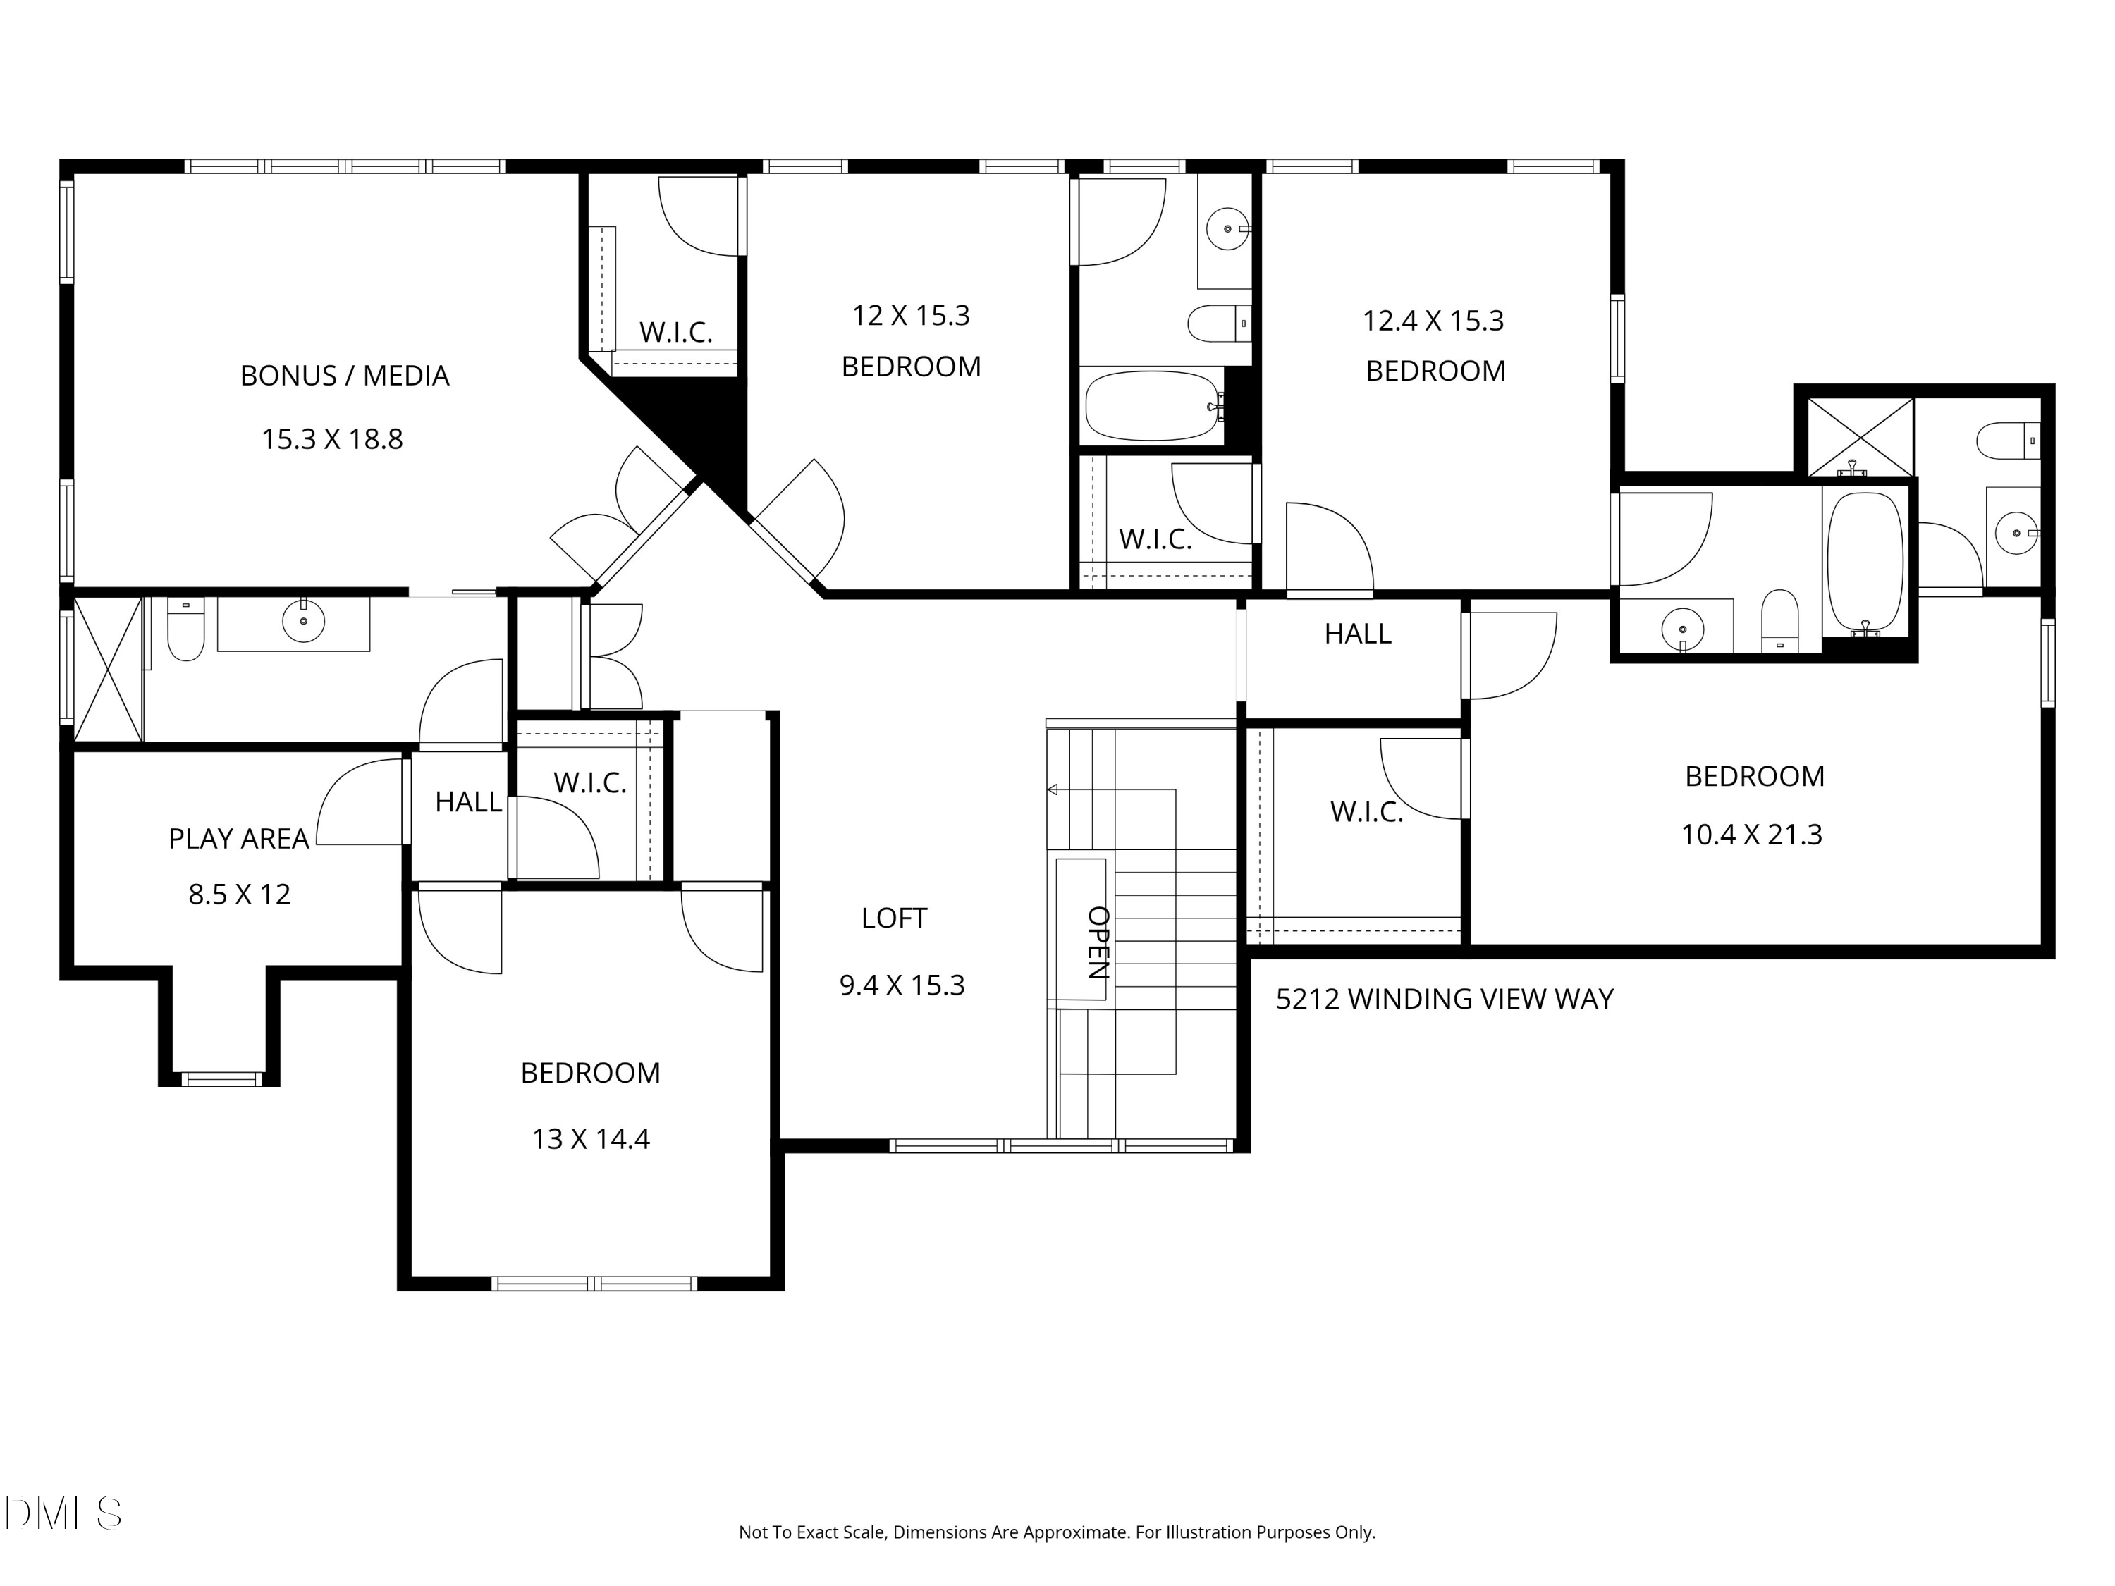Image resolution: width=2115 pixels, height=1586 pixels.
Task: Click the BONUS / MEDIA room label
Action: coord(344,376)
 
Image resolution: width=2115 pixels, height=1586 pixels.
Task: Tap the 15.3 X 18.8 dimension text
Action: coord(333,439)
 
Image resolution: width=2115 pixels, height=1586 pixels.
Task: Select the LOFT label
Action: coord(894,918)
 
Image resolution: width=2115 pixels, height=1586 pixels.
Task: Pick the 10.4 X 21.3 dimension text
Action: coord(1752,835)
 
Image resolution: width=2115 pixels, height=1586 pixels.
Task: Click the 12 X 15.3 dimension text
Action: coord(911,316)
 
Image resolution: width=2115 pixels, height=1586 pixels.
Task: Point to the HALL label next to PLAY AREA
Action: coord(469,801)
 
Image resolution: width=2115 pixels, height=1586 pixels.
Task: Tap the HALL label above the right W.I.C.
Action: coord(1358,633)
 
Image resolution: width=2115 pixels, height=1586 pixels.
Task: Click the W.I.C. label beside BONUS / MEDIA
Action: coord(676,332)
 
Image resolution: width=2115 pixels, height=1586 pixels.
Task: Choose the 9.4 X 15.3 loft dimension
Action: coord(902,985)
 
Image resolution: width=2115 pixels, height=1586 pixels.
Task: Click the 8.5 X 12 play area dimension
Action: coord(239,894)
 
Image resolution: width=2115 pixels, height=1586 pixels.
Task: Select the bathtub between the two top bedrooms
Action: coord(1154,405)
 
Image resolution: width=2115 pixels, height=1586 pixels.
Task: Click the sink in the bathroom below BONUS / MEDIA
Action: coord(303,622)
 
